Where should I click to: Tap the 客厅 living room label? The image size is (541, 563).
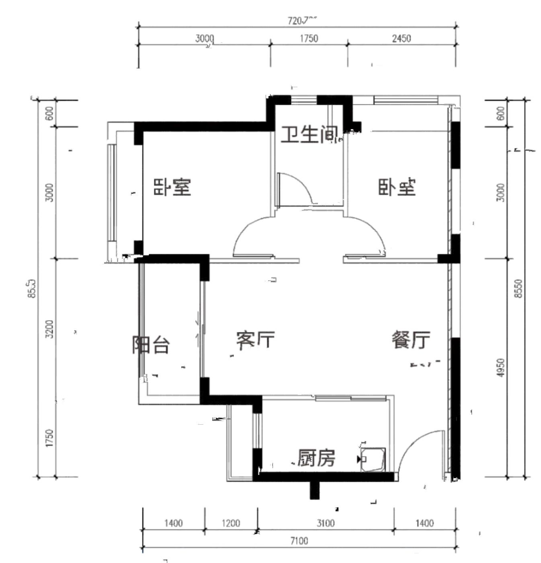(x=255, y=340)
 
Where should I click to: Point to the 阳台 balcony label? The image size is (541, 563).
(x=151, y=345)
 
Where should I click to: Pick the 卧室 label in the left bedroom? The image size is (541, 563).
(x=172, y=187)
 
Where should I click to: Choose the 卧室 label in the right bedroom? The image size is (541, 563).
(x=397, y=187)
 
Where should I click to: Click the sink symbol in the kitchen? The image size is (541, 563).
(x=373, y=459)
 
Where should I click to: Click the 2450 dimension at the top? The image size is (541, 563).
(x=401, y=39)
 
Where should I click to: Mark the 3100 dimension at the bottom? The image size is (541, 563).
(x=325, y=523)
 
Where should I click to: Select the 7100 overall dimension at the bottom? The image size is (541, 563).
(x=299, y=541)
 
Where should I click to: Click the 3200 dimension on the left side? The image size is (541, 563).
(x=49, y=329)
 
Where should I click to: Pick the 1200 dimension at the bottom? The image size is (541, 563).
(x=231, y=523)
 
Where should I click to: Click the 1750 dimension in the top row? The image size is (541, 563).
(x=309, y=39)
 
